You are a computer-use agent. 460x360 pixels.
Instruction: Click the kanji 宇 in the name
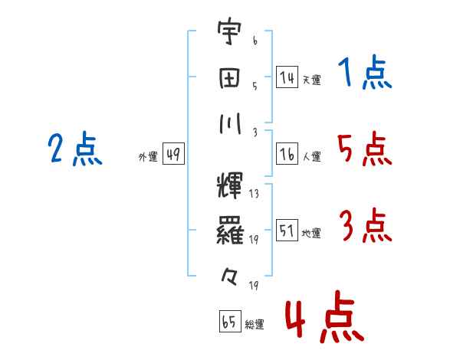click(229, 31)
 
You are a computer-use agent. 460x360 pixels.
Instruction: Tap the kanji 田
click(229, 78)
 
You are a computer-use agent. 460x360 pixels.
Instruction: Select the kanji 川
click(230, 123)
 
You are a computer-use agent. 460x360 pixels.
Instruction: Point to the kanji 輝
click(230, 185)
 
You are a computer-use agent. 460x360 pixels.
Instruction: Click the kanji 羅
click(230, 231)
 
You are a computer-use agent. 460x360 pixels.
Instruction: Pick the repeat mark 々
click(229, 277)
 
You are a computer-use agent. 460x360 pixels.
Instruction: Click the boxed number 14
click(287, 77)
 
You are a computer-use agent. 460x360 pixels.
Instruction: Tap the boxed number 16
click(287, 154)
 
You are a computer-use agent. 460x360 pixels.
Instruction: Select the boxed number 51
click(287, 230)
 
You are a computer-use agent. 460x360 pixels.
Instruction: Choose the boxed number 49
click(173, 154)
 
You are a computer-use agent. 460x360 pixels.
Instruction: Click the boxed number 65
click(230, 321)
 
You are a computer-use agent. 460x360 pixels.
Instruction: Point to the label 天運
click(311, 80)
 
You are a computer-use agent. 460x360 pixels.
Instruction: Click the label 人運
click(311, 156)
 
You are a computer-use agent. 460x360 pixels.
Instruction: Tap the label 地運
click(311, 233)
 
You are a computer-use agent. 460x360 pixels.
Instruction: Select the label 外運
click(148, 157)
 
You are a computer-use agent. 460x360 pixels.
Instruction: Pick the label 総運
click(255, 324)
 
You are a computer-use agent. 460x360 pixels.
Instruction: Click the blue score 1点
click(365, 72)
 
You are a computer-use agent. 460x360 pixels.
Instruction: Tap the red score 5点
click(365, 149)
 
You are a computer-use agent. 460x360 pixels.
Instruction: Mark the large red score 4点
click(325, 316)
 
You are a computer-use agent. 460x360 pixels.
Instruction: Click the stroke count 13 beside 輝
click(254, 194)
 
